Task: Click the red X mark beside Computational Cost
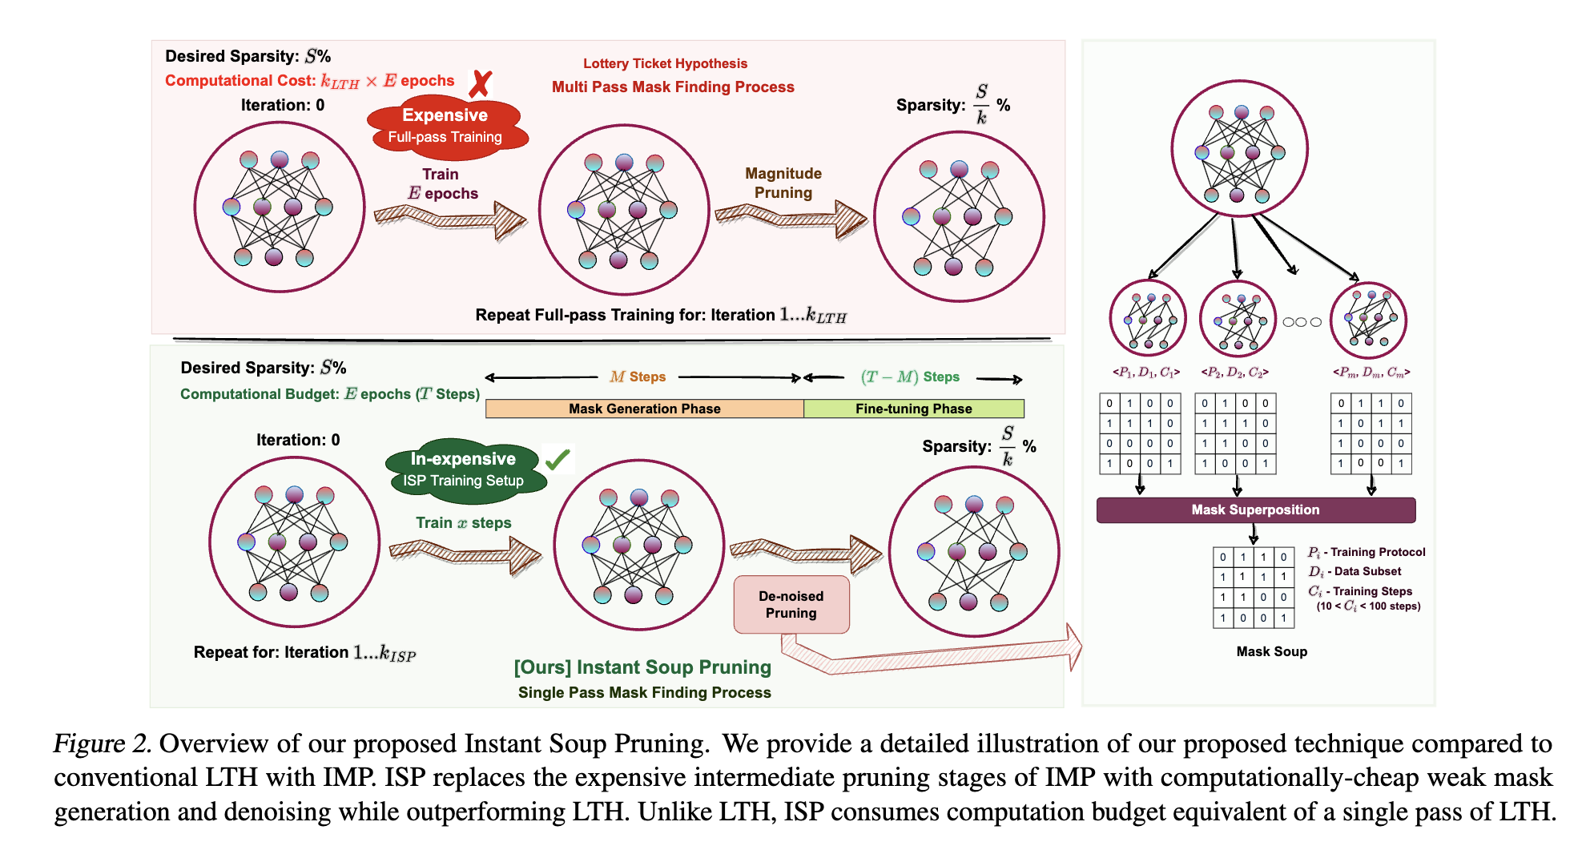coord(480,83)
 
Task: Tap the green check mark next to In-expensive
coord(557,459)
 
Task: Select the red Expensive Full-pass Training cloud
coord(445,126)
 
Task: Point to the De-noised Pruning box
coord(791,605)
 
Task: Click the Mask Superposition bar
coord(1255,510)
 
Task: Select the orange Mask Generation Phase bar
coord(644,409)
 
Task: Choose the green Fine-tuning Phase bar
coord(913,409)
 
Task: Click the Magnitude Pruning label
coord(783,183)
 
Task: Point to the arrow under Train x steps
coord(465,554)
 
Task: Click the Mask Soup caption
coord(1271,651)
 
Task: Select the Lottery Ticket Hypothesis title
coord(665,63)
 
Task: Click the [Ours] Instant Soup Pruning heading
coord(642,667)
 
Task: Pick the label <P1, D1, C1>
coord(1145,373)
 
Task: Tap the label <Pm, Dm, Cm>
coord(1371,373)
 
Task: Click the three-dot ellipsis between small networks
coord(1302,322)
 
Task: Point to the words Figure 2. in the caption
coord(102,743)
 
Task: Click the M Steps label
coord(638,377)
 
